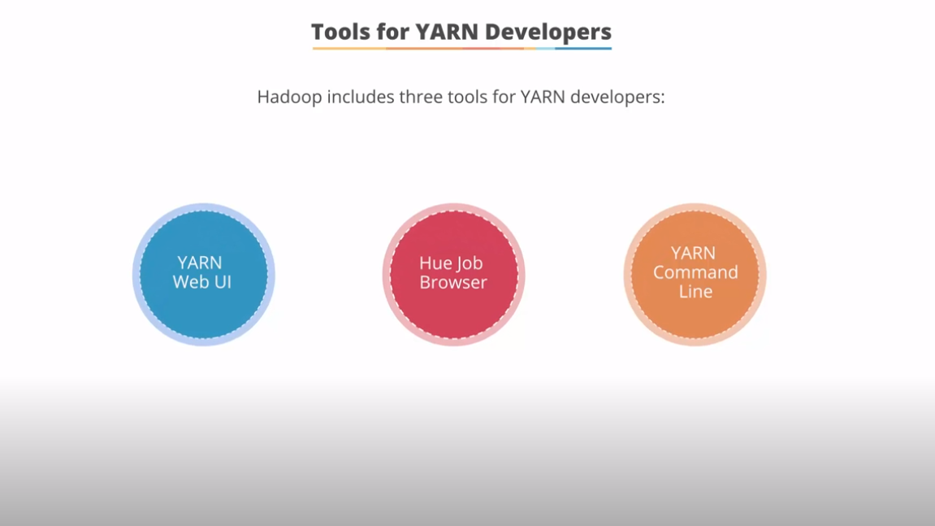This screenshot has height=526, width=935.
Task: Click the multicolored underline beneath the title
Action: coord(461,49)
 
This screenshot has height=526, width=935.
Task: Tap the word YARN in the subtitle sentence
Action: coord(543,98)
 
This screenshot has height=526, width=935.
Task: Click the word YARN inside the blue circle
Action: coord(200,263)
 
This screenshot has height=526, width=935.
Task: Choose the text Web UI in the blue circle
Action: coord(202,282)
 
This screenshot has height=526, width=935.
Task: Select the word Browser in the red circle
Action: coord(453,282)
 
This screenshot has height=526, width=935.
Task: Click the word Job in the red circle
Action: coord(470,263)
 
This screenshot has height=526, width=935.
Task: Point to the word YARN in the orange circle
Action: coord(693,253)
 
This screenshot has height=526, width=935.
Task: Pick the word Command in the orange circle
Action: coord(695,272)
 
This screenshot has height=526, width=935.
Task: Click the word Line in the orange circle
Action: coord(695,291)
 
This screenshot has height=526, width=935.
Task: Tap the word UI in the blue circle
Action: coord(222,282)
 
